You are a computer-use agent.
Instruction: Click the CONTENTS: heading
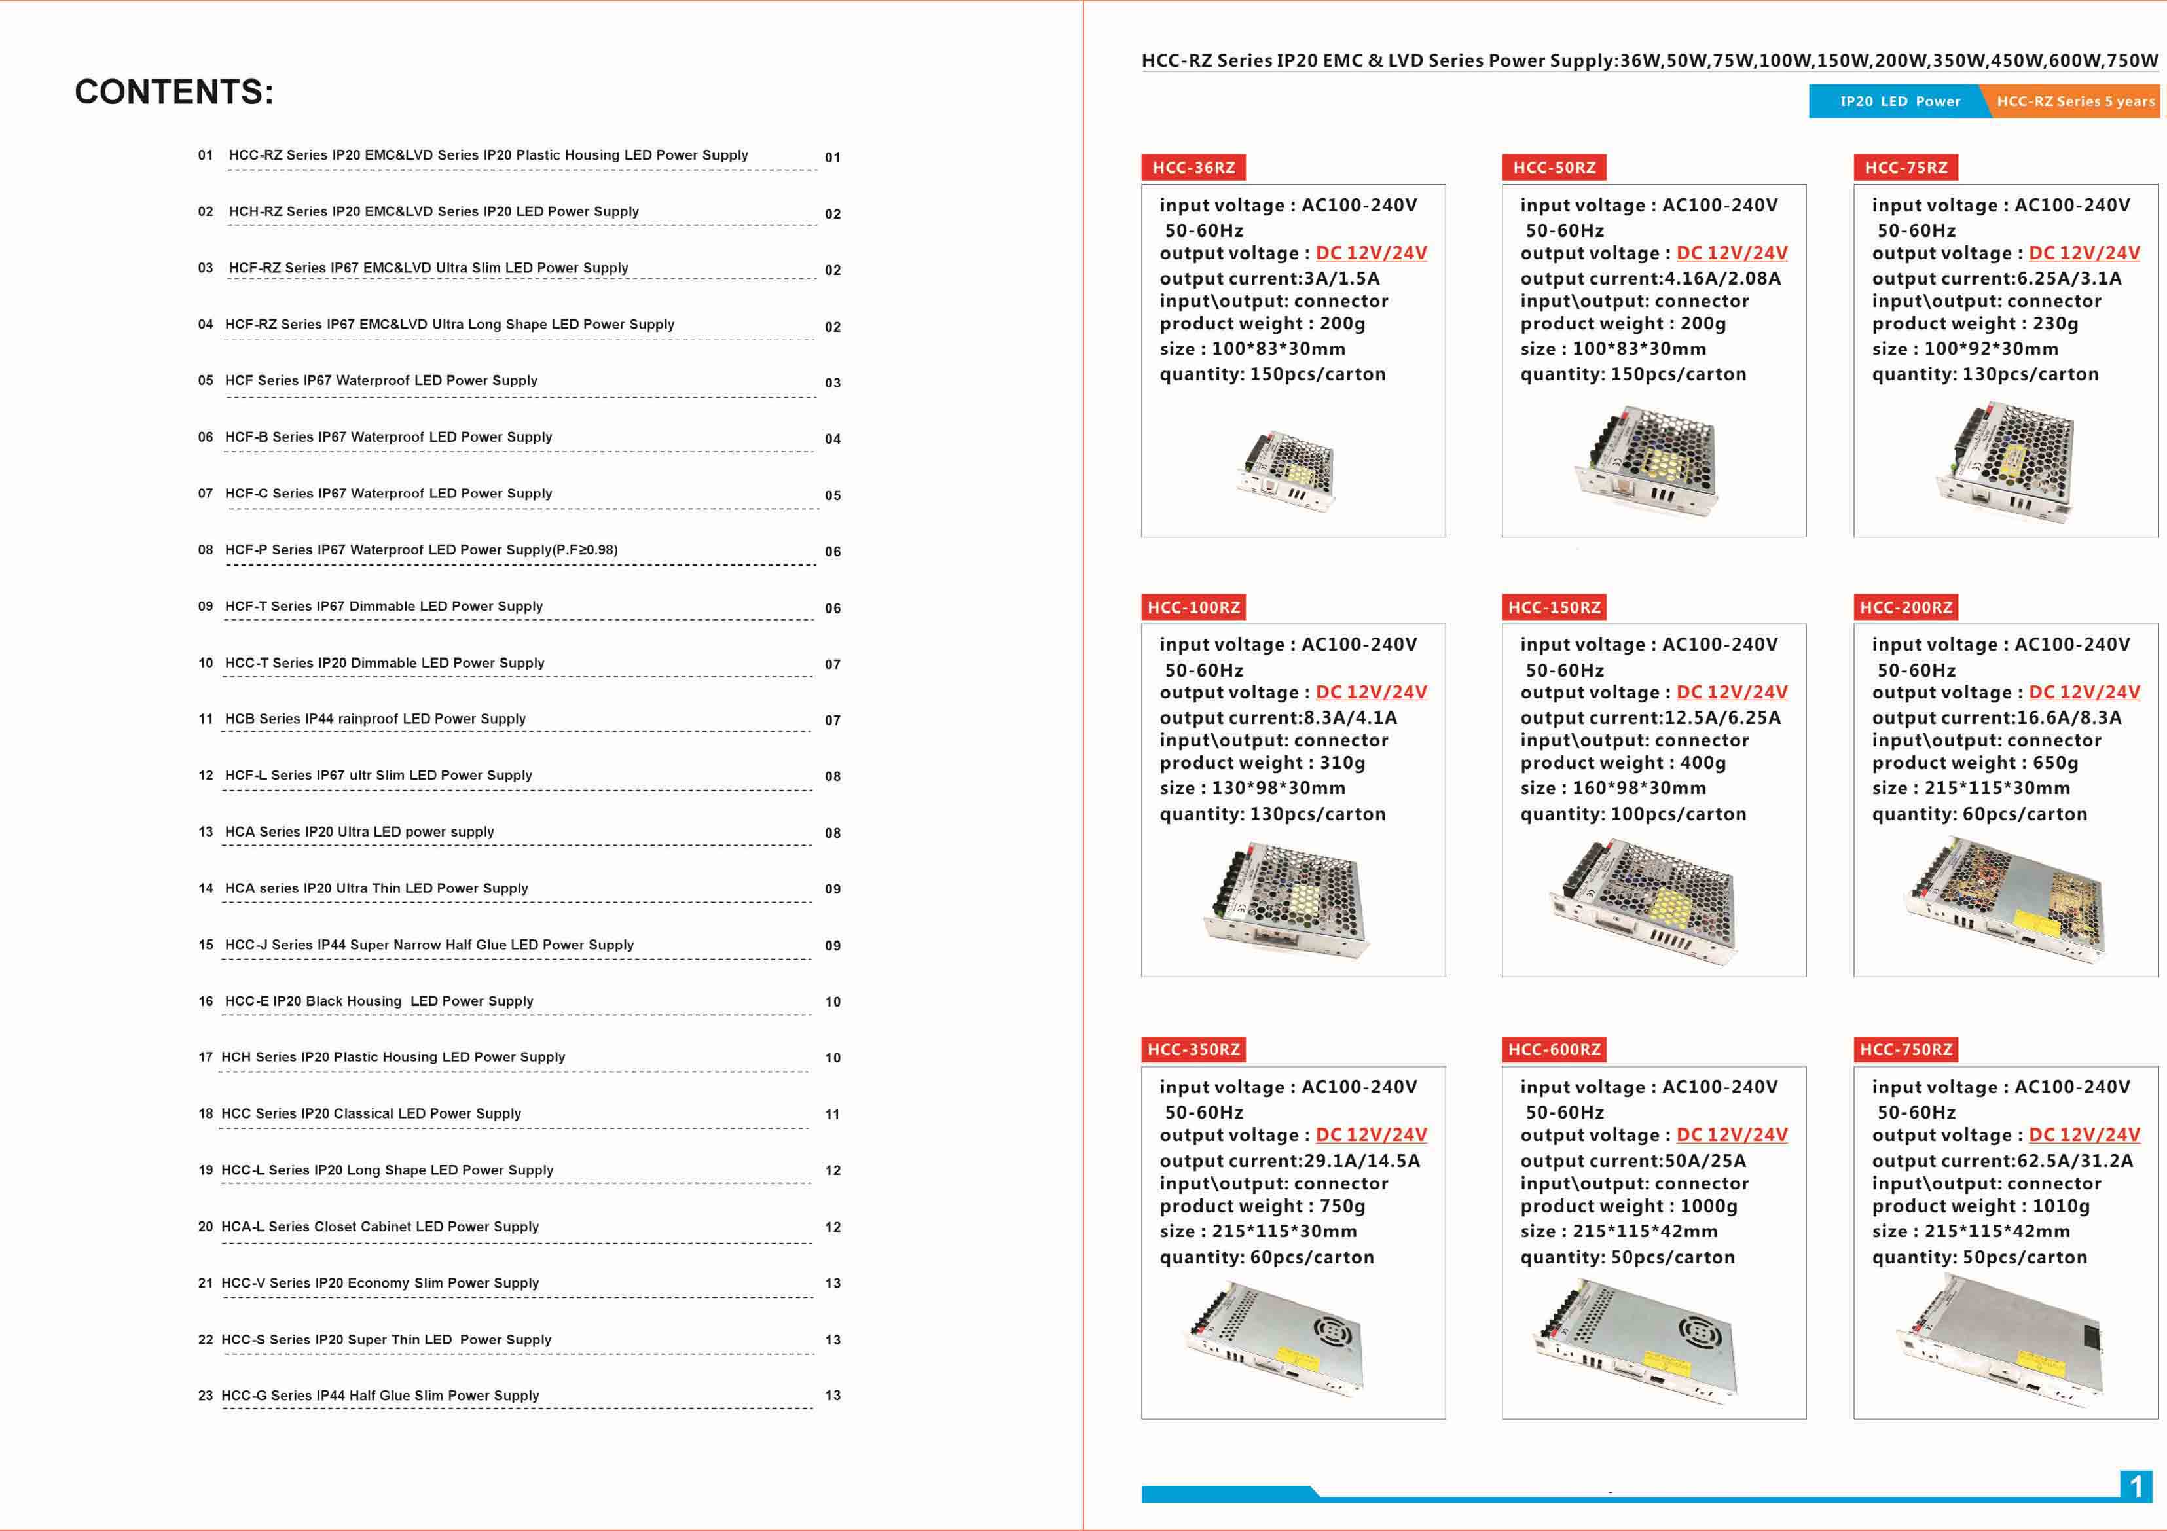pyautogui.click(x=173, y=92)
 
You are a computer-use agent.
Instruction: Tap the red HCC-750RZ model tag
pyautogui.click(x=1906, y=1050)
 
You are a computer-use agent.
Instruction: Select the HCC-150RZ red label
pyautogui.click(x=1554, y=608)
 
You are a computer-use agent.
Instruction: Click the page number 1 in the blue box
pyautogui.click(x=2136, y=1486)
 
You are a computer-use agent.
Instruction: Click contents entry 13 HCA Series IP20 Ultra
pyautogui.click(x=359, y=831)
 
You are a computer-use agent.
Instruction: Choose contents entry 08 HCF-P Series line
pyautogui.click(x=421, y=549)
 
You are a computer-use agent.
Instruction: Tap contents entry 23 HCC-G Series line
pyautogui.click(x=380, y=1395)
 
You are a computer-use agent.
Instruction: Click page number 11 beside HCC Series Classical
pyautogui.click(x=833, y=1115)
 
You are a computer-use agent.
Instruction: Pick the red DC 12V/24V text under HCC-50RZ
pyautogui.click(x=1731, y=253)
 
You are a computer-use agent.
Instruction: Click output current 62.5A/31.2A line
pyautogui.click(x=2002, y=1161)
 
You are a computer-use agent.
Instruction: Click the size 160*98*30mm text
pyautogui.click(x=1613, y=788)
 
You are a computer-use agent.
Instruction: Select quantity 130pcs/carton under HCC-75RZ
pyautogui.click(x=1985, y=374)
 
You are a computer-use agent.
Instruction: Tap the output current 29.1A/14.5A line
pyautogui.click(x=1289, y=1161)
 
